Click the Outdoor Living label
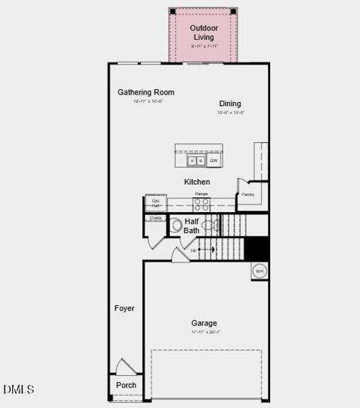pos(203,33)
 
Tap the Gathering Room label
pos(146,92)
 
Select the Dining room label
pos(230,104)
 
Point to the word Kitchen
pos(197,182)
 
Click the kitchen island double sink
pos(197,161)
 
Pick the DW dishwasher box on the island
pos(213,161)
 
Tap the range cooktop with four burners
pos(201,203)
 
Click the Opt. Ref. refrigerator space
pos(156,203)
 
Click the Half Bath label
pos(192,226)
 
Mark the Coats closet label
pos(155,218)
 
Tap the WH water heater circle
pos(259,271)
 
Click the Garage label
pos(204,324)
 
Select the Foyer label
pos(124,309)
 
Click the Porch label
pos(126,385)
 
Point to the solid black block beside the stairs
pos(257,248)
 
